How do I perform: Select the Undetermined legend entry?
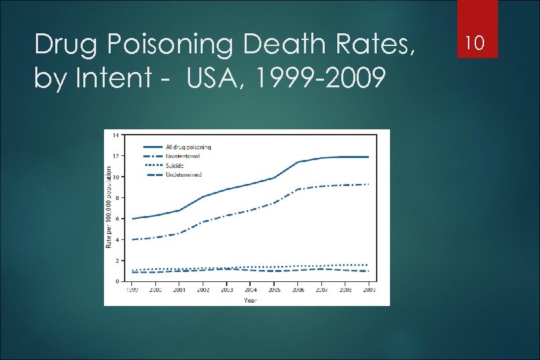pyautogui.click(x=183, y=175)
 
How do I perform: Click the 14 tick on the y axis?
pyautogui.click(x=117, y=135)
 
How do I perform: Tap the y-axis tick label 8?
pyautogui.click(x=118, y=198)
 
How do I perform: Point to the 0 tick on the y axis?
pyautogui.click(x=118, y=281)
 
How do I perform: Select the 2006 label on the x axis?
pyautogui.click(x=297, y=291)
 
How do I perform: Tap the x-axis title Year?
pyautogui.click(x=249, y=300)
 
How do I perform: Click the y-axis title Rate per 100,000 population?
pyautogui.click(x=109, y=208)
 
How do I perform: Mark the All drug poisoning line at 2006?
pyautogui.click(x=297, y=162)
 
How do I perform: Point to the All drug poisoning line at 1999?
pyautogui.click(x=133, y=219)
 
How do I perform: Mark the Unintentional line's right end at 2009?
pyautogui.click(x=368, y=184)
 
